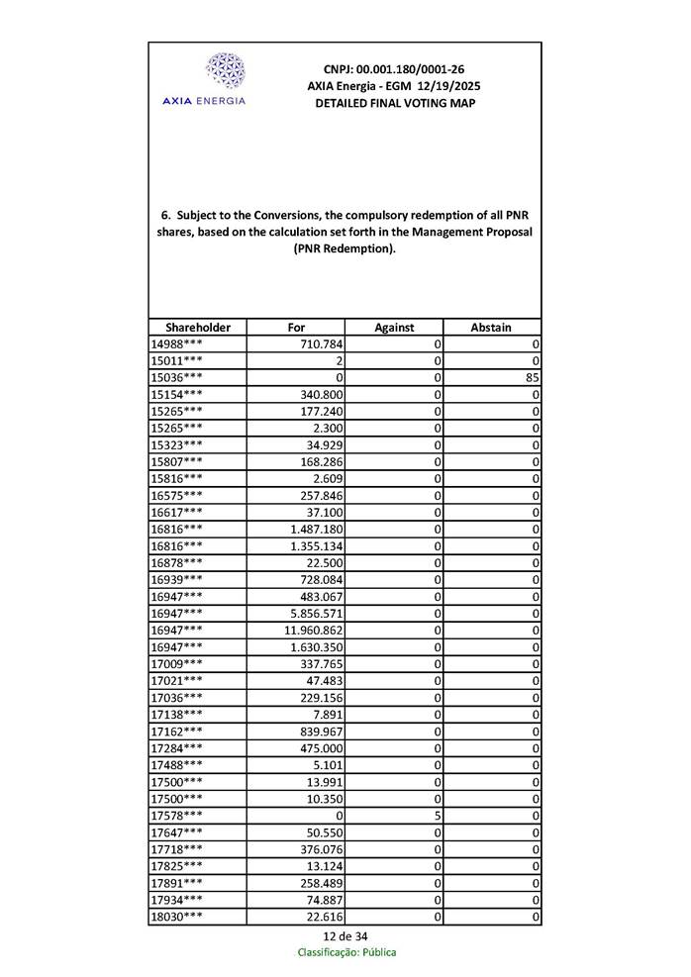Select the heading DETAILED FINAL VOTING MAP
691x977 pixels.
(x=394, y=103)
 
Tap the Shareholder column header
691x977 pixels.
(x=198, y=328)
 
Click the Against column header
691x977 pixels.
(x=394, y=328)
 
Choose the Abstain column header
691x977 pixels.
(x=492, y=328)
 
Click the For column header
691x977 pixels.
(x=296, y=328)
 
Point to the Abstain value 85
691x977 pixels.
(x=533, y=377)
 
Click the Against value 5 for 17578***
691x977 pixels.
(x=436, y=816)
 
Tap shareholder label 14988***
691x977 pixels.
(x=177, y=343)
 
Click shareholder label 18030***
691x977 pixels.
(x=177, y=917)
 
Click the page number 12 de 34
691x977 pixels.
(x=345, y=936)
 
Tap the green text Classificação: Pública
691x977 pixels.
(x=346, y=952)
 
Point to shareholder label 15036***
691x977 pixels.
(x=177, y=377)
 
